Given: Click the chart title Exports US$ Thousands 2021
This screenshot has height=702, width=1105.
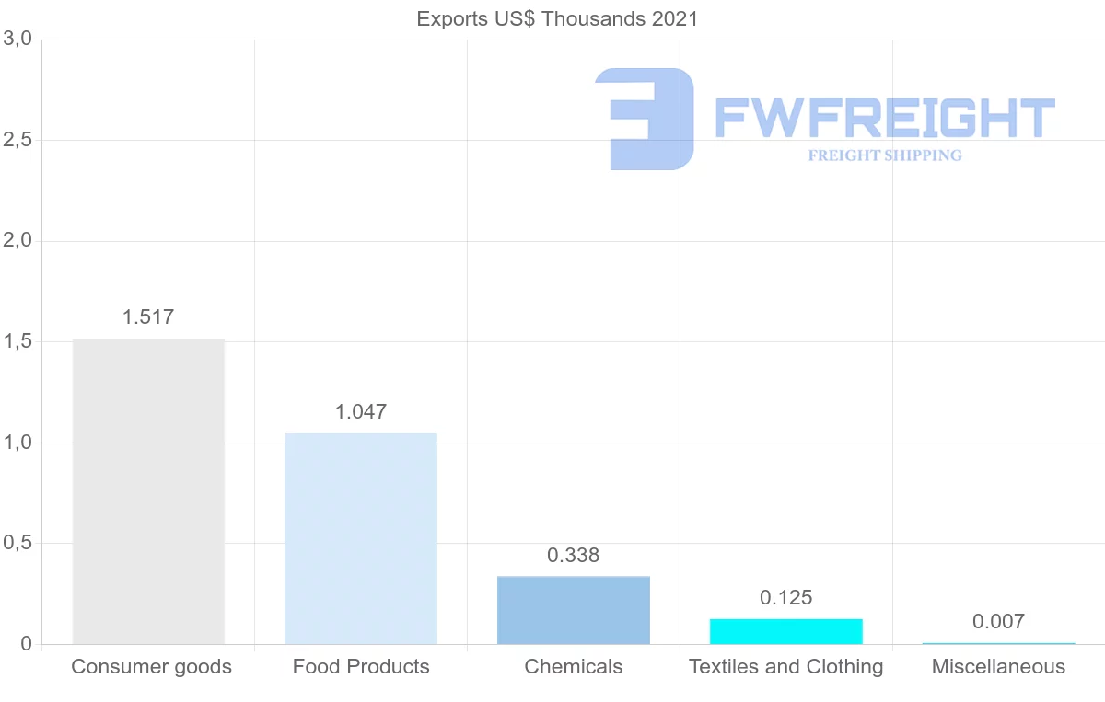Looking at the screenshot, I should [557, 18].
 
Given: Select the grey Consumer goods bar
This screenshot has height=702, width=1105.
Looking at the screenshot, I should [148, 491].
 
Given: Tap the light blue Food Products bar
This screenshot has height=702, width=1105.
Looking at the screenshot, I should [361, 538].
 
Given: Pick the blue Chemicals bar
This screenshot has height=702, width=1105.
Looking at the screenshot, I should [574, 610].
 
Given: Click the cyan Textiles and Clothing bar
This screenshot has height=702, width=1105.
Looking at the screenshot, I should [786, 632].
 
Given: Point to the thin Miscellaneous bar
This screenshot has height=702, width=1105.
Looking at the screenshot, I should [998, 643].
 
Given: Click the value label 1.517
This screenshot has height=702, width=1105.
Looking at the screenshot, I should [148, 317].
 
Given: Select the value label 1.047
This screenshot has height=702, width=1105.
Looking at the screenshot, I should [361, 412].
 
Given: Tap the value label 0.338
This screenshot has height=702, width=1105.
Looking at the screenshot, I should [574, 556].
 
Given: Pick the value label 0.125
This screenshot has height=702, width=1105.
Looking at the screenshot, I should [786, 598].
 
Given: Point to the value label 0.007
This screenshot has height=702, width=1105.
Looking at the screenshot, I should [998, 622].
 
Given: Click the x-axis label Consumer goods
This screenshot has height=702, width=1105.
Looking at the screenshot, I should [151, 667].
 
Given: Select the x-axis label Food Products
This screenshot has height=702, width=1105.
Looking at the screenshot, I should [361, 667].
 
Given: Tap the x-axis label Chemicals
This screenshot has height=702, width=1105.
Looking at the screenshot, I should [574, 667].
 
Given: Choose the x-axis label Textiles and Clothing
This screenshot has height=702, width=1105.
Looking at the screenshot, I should [786, 667].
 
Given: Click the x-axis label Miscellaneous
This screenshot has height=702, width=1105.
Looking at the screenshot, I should [998, 667].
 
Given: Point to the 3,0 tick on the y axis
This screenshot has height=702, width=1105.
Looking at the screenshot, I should [17, 40].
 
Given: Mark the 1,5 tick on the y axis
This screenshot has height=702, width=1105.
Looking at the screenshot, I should [17, 342].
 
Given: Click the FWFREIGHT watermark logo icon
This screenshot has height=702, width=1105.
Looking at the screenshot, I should [645, 119].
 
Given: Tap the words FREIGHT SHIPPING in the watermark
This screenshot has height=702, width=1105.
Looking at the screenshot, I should [885, 155].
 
